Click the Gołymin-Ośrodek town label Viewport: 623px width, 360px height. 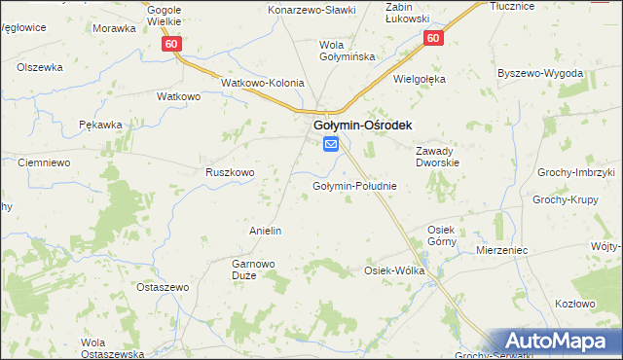tap(361, 126)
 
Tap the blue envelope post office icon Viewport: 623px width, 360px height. tap(331, 145)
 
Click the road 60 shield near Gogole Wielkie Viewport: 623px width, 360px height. tap(171, 44)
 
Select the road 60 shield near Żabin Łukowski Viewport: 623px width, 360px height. tap(434, 38)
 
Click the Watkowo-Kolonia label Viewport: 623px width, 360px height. tap(263, 84)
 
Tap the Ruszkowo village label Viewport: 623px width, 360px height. tap(230, 172)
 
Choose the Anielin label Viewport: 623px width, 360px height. tap(266, 231)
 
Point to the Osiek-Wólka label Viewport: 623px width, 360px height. tap(394, 270)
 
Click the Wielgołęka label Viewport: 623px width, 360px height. tap(419, 79)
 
